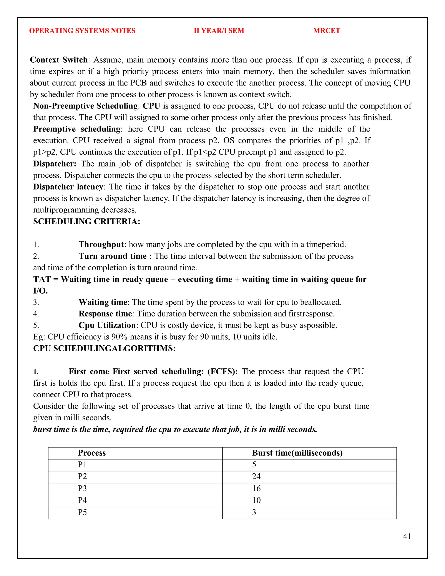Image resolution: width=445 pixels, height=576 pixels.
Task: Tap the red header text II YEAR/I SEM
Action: (x=219, y=31)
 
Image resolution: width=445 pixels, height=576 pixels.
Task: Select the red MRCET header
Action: (x=326, y=31)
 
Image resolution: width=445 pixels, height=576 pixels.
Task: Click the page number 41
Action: (x=407, y=536)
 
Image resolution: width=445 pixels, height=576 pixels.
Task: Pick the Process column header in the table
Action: (x=92, y=453)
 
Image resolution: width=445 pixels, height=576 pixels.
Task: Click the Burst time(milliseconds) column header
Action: (x=297, y=453)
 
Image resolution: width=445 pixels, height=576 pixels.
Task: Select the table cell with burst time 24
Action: (x=256, y=476)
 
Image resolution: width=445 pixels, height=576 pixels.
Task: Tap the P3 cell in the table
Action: (x=82, y=488)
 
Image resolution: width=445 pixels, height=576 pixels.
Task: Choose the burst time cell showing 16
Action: (x=256, y=488)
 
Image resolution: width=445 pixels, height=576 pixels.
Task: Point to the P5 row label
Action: (x=82, y=512)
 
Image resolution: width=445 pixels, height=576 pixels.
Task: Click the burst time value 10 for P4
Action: (x=256, y=500)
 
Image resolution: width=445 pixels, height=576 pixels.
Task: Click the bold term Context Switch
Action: (x=58, y=60)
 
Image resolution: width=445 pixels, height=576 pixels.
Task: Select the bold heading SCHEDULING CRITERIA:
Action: (x=86, y=221)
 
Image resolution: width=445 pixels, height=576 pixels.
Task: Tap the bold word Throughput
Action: (x=101, y=245)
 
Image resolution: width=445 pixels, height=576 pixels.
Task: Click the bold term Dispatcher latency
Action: (x=68, y=187)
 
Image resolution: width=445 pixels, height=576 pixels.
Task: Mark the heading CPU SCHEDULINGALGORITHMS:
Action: (x=104, y=348)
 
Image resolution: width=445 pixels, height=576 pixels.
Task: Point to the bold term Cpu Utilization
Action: (x=107, y=325)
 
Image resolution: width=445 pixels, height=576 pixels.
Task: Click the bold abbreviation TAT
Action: (x=42, y=279)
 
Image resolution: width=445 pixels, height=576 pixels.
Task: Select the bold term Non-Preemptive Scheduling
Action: (x=85, y=106)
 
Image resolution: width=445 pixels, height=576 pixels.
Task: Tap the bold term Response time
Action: (x=105, y=314)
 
